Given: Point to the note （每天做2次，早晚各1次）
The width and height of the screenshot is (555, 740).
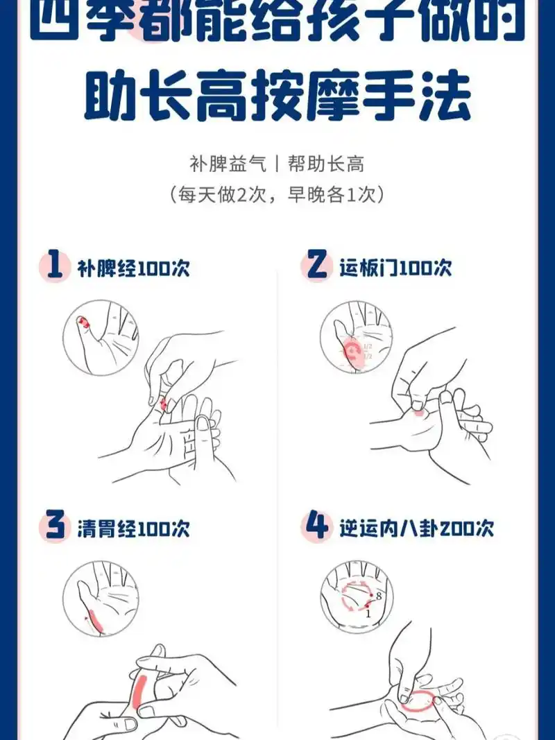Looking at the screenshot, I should click(277, 194).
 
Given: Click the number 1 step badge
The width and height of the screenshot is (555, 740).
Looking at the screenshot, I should click(55, 267).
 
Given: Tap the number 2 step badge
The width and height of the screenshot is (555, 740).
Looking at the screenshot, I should click(317, 267).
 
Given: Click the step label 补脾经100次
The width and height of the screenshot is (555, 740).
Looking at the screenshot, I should click(133, 268).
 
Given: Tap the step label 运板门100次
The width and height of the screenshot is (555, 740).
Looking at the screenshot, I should click(395, 268).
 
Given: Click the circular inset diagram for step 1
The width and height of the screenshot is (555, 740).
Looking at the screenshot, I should click(101, 338).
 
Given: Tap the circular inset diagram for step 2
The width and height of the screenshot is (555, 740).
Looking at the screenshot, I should click(357, 338).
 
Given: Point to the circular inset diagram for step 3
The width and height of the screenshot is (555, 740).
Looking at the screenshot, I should click(101, 598).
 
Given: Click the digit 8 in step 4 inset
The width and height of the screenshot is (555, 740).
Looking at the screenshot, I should click(378, 595).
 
